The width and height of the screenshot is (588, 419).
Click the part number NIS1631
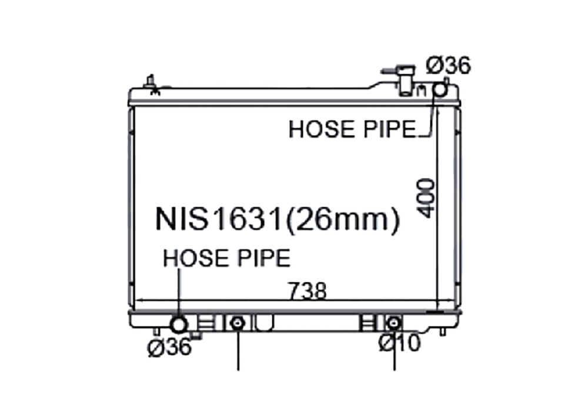pyautogui.click(x=218, y=220)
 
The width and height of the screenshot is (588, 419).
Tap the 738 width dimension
pyautogui.click(x=307, y=291)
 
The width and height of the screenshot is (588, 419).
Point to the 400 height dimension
pyautogui.click(x=426, y=198)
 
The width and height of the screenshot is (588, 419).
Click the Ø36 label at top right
pyautogui.click(x=448, y=66)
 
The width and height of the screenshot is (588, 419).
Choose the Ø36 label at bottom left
pyautogui.click(x=169, y=347)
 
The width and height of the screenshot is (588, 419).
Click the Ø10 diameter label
pyautogui.click(x=399, y=342)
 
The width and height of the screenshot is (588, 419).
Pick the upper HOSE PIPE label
pyautogui.click(x=352, y=129)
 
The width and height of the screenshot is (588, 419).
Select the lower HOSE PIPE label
pyautogui.click(x=227, y=258)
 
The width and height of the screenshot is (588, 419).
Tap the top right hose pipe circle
pyautogui.click(x=440, y=89)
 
